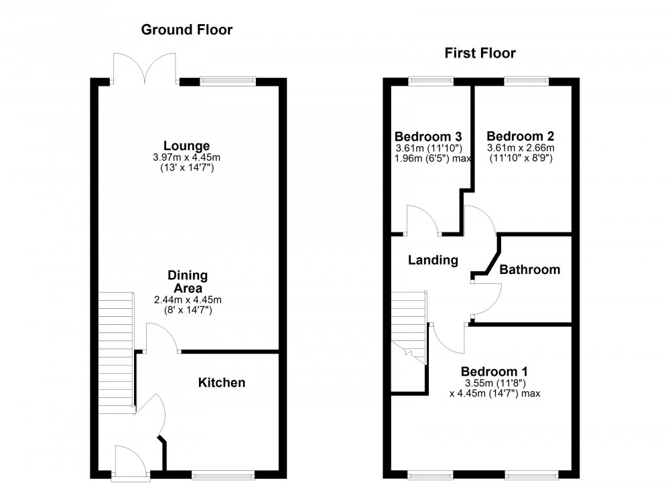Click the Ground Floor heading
click(187, 30)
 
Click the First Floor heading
click(480, 54)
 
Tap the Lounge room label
click(187, 146)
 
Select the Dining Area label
click(187, 281)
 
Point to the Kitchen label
click(222, 382)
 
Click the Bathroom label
click(529, 269)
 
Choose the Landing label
click(433, 260)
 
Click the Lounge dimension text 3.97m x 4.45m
click(187, 157)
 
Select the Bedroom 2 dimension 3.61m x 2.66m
click(521, 148)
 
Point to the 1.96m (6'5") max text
click(433, 159)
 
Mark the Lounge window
click(228, 82)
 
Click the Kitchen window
click(222, 476)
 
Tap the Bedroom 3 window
click(429, 82)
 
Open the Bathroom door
click(486, 298)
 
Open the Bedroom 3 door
click(423, 221)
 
